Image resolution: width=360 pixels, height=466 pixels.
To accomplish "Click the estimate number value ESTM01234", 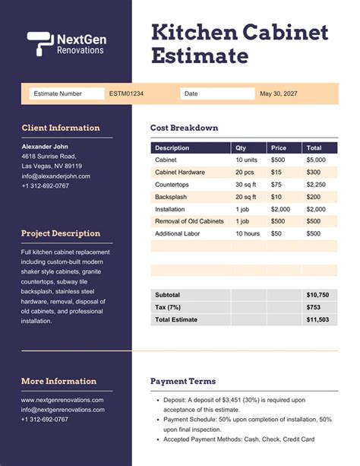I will click(126, 94).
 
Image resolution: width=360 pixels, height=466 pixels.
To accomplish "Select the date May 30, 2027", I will click(278, 94).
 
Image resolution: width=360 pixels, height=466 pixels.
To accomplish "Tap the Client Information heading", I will click(61, 128).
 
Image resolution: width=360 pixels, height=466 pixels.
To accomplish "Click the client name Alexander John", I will click(45, 146).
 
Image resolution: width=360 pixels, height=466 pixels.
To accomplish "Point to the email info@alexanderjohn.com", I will click(55, 176).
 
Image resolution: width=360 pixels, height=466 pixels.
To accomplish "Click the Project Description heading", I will click(61, 233).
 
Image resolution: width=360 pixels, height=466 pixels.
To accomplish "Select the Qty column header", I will click(241, 148).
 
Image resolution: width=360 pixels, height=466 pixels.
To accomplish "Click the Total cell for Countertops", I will click(316, 185).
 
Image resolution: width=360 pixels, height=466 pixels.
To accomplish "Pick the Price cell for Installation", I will click(280, 209).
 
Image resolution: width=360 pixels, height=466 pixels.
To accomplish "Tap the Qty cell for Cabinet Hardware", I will click(245, 173).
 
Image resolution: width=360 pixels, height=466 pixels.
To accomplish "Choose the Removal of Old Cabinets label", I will click(189, 221).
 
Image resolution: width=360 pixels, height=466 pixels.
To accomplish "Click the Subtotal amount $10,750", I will click(317, 294).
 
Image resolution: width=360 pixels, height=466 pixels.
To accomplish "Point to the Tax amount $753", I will click(314, 307).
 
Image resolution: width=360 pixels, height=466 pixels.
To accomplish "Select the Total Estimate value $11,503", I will click(317, 320).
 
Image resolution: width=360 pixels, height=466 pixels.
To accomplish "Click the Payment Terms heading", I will click(183, 381).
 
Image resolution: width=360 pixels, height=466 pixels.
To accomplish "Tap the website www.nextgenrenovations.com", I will click(62, 399).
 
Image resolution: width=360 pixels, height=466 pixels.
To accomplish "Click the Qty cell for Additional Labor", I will click(248, 233).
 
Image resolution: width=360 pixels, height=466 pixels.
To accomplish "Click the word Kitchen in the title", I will click(195, 32).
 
